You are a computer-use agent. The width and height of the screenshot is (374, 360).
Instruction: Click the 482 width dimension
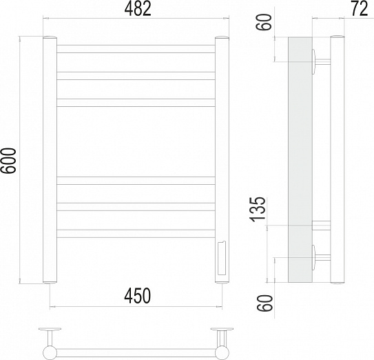click(138, 9)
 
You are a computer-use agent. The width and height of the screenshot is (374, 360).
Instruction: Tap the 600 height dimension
click(8, 160)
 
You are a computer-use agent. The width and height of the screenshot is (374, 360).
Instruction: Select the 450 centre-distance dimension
click(137, 295)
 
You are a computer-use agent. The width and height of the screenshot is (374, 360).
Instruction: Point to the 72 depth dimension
click(360, 8)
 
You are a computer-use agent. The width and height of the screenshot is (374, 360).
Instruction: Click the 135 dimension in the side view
click(257, 209)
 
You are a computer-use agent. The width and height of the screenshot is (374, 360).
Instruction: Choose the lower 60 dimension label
click(264, 303)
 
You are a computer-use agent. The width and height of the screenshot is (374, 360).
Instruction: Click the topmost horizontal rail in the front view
click(136, 49)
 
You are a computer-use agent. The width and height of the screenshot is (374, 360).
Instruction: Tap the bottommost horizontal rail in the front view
click(136, 234)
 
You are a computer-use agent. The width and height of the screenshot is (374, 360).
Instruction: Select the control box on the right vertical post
click(222, 259)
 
